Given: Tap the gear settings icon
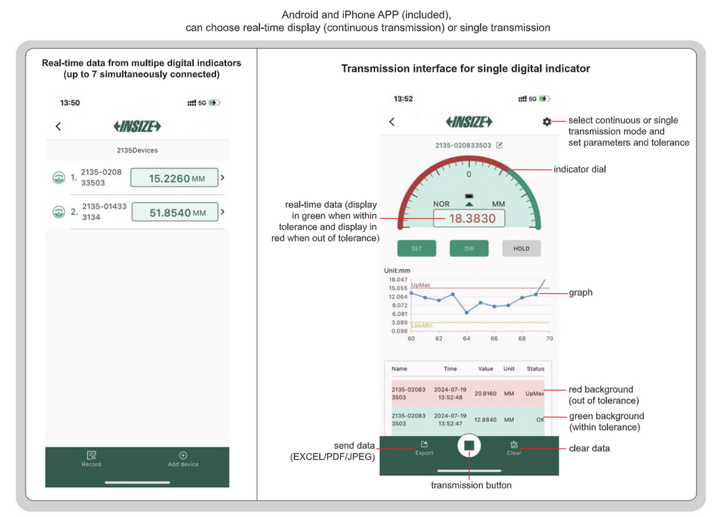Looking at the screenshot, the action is pyautogui.click(x=547, y=121).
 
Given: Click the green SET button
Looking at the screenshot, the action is pyautogui.click(x=417, y=248).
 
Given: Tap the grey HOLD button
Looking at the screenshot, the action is pyautogui.click(x=522, y=248).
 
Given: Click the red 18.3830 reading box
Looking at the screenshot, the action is pyautogui.click(x=469, y=218).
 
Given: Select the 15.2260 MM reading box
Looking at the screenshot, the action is pyautogui.click(x=174, y=178).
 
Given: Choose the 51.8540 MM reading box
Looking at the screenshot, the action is pyautogui.click(x=175, y=212).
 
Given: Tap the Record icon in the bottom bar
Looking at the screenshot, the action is pyautogui.click(x=91, y=455).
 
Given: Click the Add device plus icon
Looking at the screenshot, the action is pyautogui.click(x=183, y=455).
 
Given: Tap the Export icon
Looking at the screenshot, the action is pyautogui.click(x=424, y=444).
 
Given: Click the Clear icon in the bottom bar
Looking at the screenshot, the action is pyautogui.click(x=514, y=444).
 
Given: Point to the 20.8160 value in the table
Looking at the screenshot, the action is pyautogui.click(x=485, y=394).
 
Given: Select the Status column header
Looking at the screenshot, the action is pyautogui.click(x=535, y=368).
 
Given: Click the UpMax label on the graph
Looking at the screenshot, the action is pyautogui.click(x=420, y=285).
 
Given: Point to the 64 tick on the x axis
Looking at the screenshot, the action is pyautogui.click(x=466, y=338).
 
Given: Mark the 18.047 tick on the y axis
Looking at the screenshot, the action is pyautogui.click(x=398, y=280).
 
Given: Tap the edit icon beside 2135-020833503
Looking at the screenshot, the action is pyautogui.click(x=499, y=145).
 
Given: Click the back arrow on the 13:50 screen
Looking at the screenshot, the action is pyautogui.click(x=59, y=126).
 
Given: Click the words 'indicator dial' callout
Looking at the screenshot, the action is pyautogui.click(x=579, y=170).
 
